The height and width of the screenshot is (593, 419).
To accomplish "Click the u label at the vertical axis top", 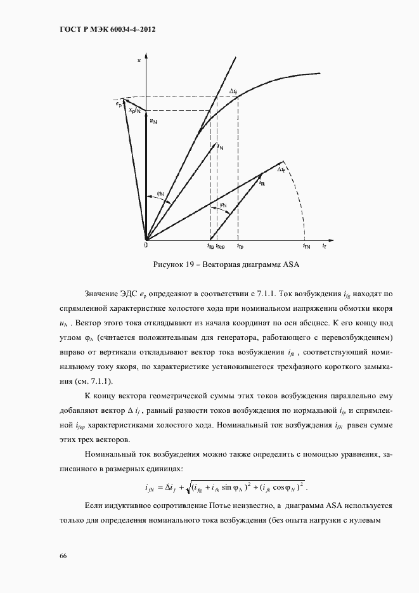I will click(139, 60).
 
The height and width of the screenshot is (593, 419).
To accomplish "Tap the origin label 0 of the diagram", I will click(146, 244).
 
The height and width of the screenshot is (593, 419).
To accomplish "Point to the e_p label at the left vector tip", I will click(119, 103).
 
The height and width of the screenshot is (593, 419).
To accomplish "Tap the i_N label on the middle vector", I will click(219, 146).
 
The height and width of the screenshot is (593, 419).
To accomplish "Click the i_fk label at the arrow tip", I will click(262, 182).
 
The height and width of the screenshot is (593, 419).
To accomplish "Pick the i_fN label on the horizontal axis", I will click(306, 245).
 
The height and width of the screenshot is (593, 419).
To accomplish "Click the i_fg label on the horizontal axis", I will click(210, 245).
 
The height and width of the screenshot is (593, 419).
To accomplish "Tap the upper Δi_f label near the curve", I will click(233, 92).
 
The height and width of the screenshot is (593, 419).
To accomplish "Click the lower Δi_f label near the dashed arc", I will click(281, 170).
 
